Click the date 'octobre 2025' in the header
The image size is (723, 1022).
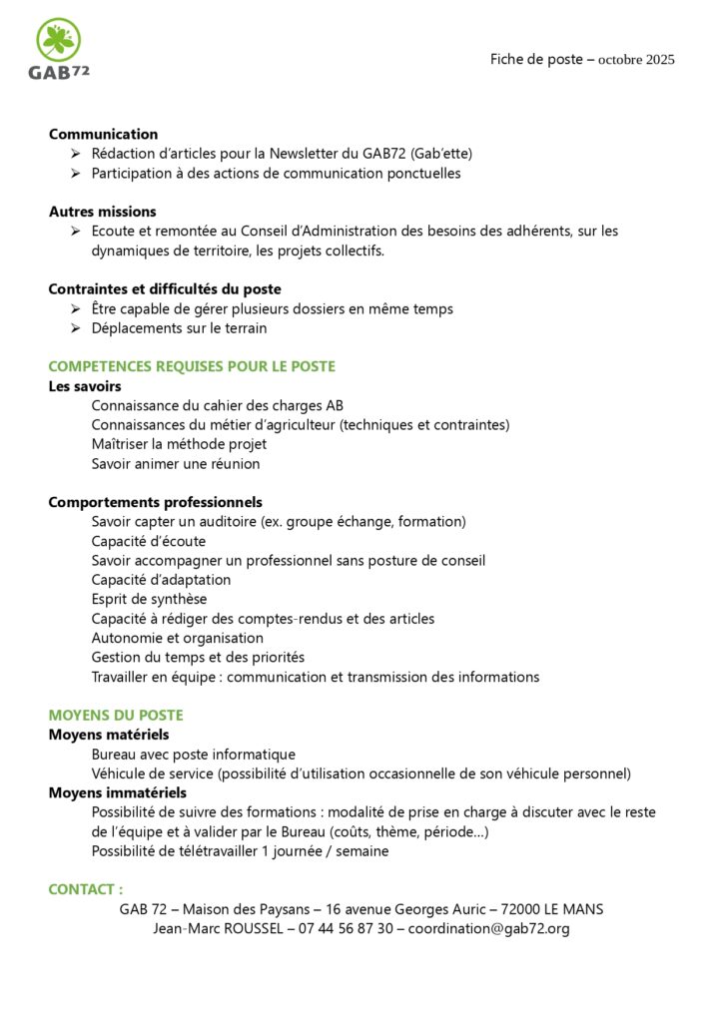click(x=636, y=60)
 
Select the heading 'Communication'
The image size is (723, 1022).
click(x=103, y=134)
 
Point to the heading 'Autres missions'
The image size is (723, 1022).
click(x=102, y=212)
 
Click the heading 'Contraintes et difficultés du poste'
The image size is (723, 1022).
click(x=165, y=289)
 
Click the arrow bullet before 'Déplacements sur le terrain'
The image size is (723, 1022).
click(x=76, y=328)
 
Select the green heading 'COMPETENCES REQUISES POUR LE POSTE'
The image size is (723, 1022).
click(x=192, y=366)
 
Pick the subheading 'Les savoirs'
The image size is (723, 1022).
click(x=85, y=386)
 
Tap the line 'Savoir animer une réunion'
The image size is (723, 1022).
click(x=176, y=464)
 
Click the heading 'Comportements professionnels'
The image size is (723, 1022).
click(x=155, y=502)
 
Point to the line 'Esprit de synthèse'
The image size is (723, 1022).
click(x=149, y=599)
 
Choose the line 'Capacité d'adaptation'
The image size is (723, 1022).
click(x=161, y=580)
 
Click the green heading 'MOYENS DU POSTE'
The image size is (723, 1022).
click(x=116, y=716)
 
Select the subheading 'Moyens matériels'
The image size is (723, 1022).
click(x=109, y=735)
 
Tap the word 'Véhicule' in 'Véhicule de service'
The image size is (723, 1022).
click(x=120, y=773)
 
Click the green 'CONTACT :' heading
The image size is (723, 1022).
click(x=86, y=889)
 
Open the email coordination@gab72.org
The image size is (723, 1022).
click(x=489, y=928)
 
